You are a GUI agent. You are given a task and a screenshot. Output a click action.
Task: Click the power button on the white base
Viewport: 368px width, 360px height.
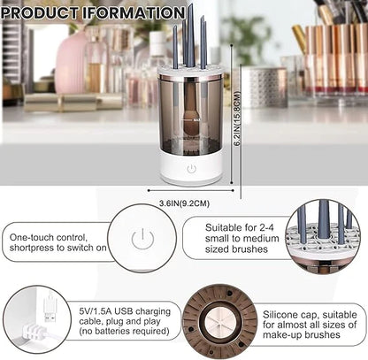click(191, 168)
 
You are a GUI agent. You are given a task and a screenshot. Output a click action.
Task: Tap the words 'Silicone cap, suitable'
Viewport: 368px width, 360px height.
click(314, 311)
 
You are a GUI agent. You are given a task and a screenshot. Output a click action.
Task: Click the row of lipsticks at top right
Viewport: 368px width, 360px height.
click(332, 57)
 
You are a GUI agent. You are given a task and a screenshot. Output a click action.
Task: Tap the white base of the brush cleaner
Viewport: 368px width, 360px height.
click(191, 170)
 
